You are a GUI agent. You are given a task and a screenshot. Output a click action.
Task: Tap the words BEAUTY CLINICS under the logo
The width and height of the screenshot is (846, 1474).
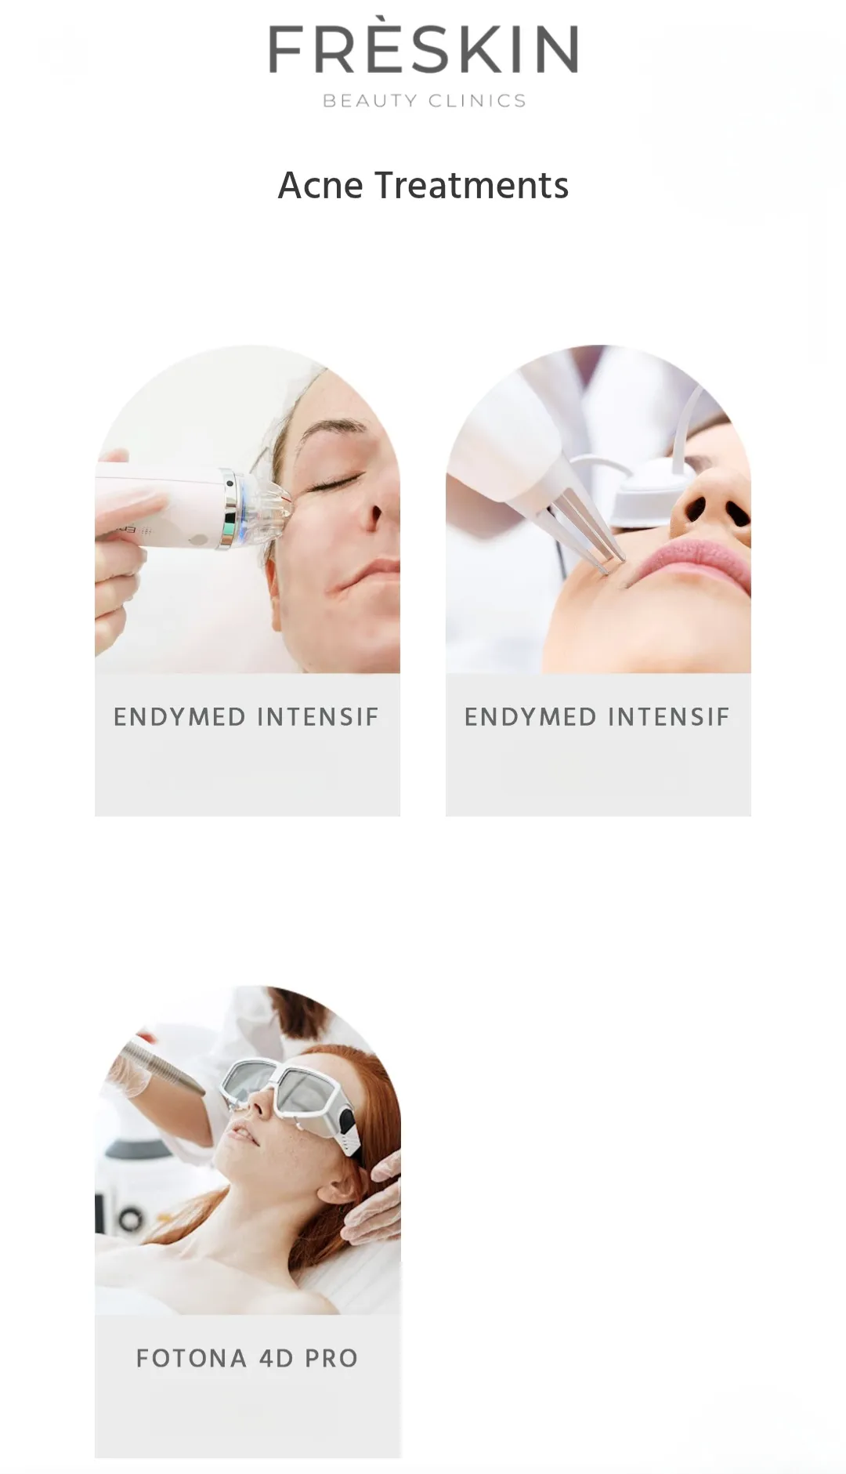coord(424,100)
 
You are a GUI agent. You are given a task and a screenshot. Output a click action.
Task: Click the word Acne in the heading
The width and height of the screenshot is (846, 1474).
coord(320,186)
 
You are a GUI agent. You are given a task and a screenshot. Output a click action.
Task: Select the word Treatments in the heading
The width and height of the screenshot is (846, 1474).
coord(472,186)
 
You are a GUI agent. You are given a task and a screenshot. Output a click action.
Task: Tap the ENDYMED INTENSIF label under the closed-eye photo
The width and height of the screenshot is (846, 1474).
coord(246,717)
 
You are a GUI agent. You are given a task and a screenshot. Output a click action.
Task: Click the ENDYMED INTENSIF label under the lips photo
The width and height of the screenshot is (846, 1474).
coord(597,717)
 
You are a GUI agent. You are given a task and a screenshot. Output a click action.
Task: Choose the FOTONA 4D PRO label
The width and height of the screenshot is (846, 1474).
coord(247,1358)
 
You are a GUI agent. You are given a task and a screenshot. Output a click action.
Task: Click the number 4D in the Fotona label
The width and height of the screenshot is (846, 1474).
coord(277,1358)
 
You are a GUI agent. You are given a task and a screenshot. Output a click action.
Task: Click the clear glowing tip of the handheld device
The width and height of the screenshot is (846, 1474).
coord(272,502)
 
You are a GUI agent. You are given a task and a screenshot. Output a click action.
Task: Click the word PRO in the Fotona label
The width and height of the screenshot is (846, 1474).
coord(332,1358)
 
